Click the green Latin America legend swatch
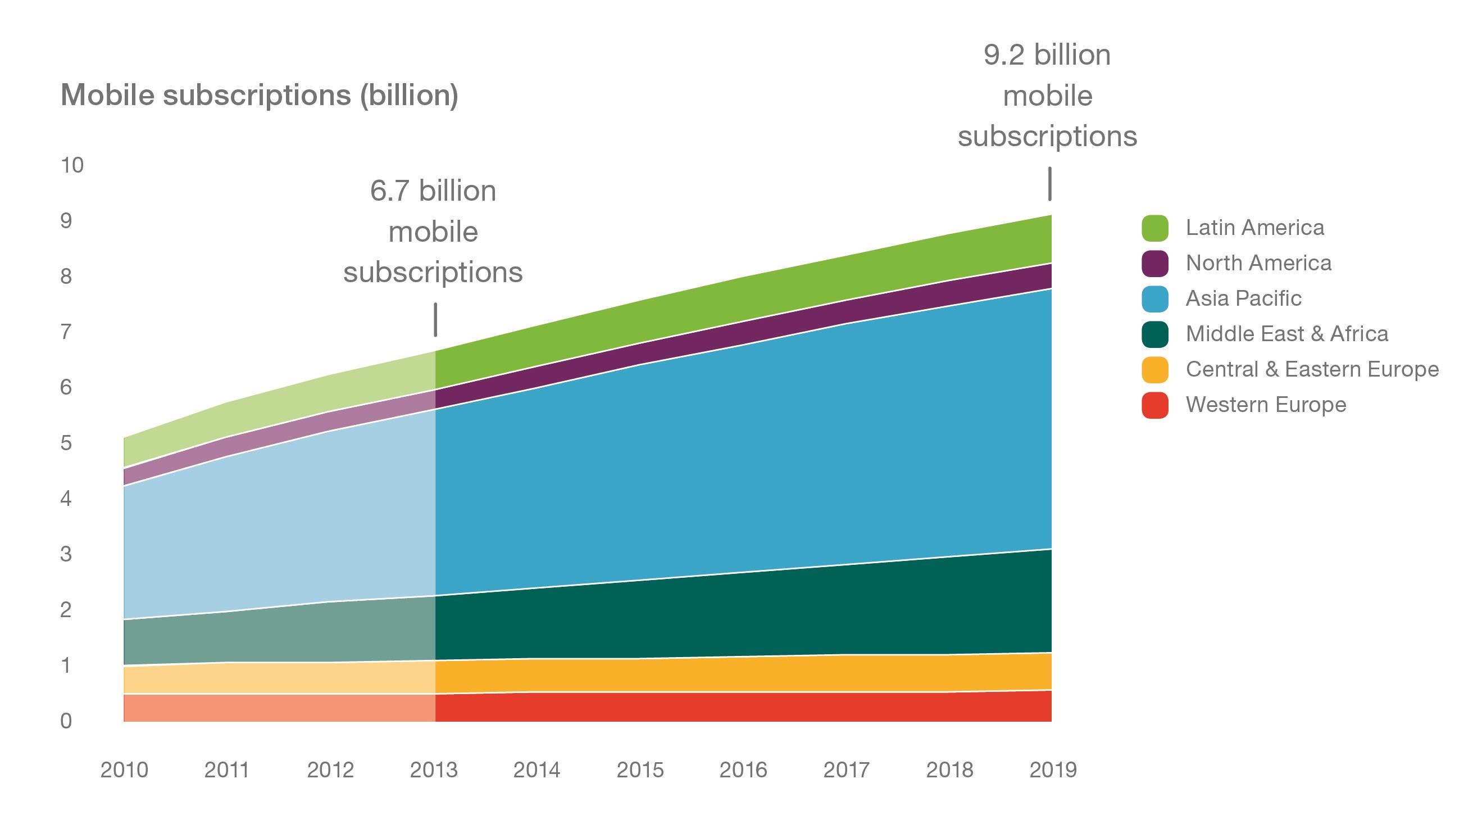[x=1154, y=228]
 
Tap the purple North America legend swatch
[x=1154, y=264]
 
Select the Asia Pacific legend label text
[x=1243, y=298]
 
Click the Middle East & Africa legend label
[x=1286, y=334]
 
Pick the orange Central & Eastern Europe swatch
[x=1154, y=369]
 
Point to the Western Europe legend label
[x=1266, y=405]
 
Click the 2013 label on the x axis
[x=434, y=771]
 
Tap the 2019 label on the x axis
[x=1053, y=771]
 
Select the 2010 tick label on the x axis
[x=124, y=771]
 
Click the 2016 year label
[x=743, y=771]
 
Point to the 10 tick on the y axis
[x=72, y=166]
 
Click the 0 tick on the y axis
[x=66, y=721]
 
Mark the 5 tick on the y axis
[x=66, y=443]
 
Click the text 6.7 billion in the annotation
[x=433, y=191]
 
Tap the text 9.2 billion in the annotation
[x=1047, y=56]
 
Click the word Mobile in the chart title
[x=107, y=95]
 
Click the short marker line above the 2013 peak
[x=435, y=320]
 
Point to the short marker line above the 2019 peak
[x=1049, y=184]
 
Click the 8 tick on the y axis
[x=66, y=277]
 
